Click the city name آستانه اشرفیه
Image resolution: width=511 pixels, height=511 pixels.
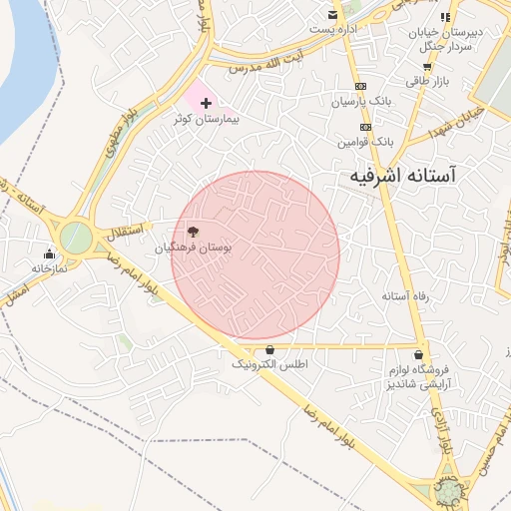click(x=403, y=175)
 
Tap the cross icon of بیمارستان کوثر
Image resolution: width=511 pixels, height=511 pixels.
click(x=207, y=103)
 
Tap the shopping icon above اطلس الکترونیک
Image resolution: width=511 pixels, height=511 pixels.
click(x=270, y=350)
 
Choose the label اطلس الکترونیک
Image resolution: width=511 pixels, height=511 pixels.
click(x=270, y=365)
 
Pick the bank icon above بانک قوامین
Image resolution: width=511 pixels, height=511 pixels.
click(x=366, y=127)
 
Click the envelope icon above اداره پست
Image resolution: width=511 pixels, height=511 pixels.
click(x=333, y=15)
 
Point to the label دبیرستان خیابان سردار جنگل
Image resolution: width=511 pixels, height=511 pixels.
click(x=445, y=38)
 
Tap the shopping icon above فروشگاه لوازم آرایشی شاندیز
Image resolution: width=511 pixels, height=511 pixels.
click(x=418, y=354)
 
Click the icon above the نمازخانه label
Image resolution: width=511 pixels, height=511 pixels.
click(x=49, y=254)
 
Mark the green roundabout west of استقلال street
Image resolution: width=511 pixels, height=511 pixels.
click(x=76, y=238)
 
